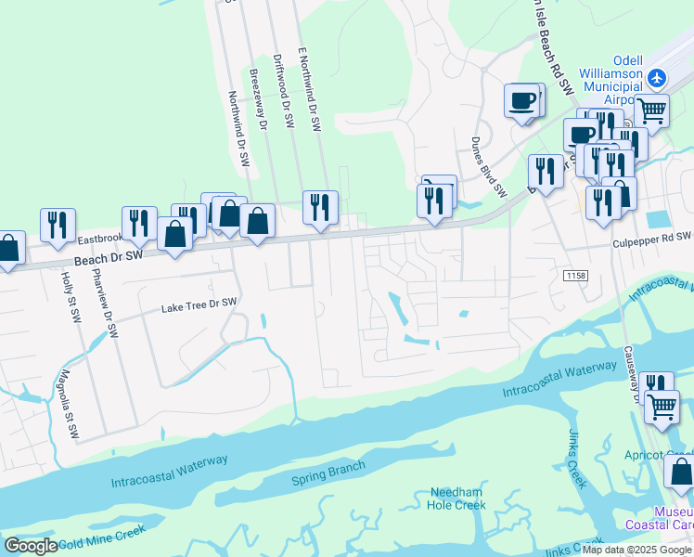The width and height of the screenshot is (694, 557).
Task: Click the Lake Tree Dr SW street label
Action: (x=199, y=304)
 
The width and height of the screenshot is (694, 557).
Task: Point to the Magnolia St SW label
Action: (x=64, y=395)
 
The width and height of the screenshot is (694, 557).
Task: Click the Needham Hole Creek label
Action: (x=456, y=499)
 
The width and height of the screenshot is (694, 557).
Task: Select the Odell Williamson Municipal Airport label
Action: (x=610, y=72)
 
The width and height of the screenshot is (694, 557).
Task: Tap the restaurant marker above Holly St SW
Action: (x=58, y=224)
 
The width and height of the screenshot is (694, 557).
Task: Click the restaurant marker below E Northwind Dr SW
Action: (x=320, y=206)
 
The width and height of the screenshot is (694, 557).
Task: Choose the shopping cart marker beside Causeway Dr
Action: (x=662, y=406)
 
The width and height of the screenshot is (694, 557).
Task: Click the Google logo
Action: (x=32, y=546)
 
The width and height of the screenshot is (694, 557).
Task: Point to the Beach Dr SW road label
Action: (x=109, y=254)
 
